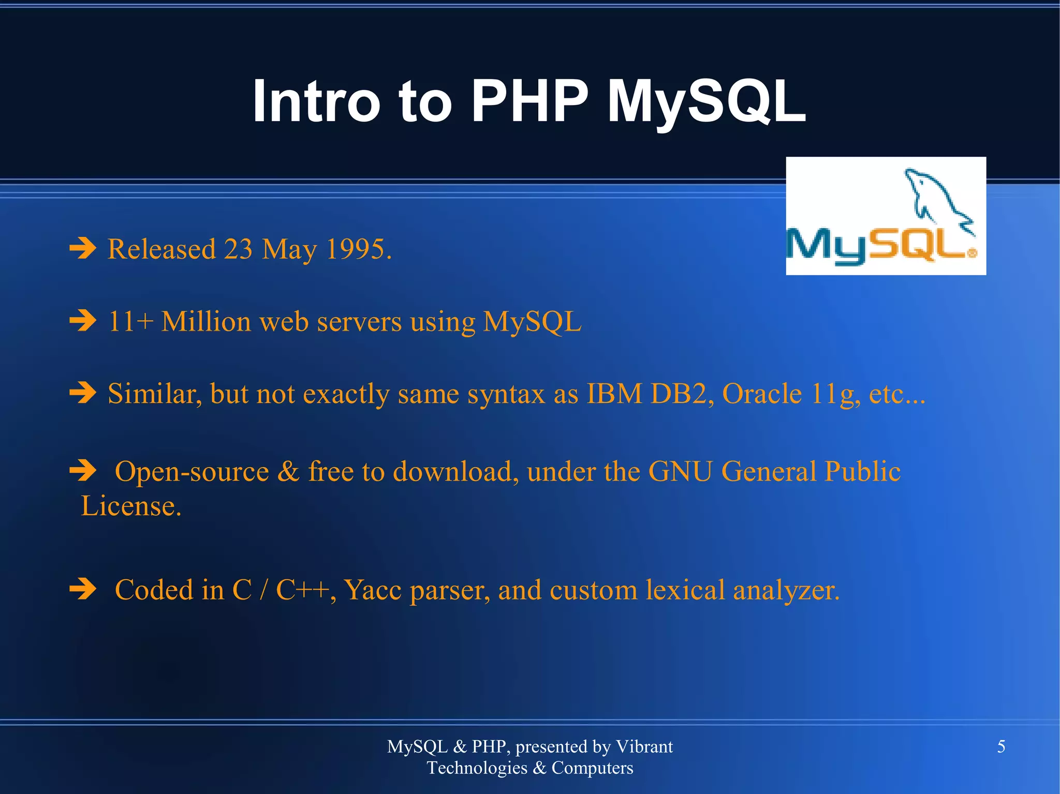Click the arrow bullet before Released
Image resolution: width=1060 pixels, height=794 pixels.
[83, 248]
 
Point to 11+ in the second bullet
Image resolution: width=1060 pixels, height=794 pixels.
[130, 322]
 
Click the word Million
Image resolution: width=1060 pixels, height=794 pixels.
[206, 322]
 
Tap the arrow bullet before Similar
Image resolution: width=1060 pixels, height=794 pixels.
[83, 393]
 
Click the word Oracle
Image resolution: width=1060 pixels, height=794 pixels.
[761, 394]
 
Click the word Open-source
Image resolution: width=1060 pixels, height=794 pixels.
[192, 472]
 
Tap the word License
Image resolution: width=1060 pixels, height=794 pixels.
[130, 506]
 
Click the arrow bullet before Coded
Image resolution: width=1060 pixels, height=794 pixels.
[83, 589]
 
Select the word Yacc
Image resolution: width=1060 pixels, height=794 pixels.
[373, 590]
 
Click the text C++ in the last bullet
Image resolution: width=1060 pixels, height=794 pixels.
[303, 590]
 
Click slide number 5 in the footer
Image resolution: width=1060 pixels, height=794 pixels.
[1001, 746]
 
